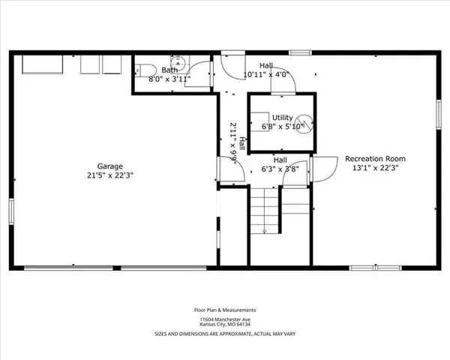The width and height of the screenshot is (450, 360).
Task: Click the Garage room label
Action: [109, 166]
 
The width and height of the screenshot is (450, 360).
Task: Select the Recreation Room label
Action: [375, 158]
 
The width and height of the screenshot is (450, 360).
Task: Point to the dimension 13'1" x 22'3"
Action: [375, 168]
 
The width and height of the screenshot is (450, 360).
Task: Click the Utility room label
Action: [282, 118]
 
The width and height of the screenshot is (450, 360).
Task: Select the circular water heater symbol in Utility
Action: [302, 121]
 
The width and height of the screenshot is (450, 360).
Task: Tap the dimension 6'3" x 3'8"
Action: [280, 169]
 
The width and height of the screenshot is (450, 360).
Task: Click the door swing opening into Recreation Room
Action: [324, 169]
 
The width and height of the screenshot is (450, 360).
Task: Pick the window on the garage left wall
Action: [10, 211]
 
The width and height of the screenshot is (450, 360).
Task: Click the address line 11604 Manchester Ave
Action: [225, 318]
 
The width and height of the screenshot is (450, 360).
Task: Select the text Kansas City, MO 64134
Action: [225, 324]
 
